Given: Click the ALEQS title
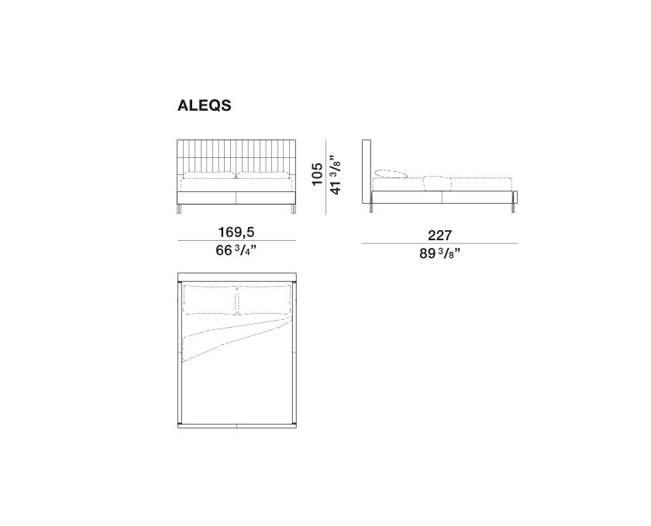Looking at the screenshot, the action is coord(204,105).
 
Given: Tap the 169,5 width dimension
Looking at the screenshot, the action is coord(236,232).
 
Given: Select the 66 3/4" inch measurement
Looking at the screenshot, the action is coord(236,250).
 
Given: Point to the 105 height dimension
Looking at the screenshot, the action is coord(317,174).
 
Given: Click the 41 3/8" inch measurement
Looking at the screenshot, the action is coord(335,175).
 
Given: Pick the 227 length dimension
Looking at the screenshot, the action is coord(439,235).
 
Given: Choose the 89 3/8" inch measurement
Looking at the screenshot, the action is coord(439,253).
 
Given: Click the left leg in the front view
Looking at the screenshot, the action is coord(180,209).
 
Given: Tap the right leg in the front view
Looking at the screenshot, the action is coord(294,209).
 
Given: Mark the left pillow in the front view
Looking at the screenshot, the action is coord(210,176).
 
